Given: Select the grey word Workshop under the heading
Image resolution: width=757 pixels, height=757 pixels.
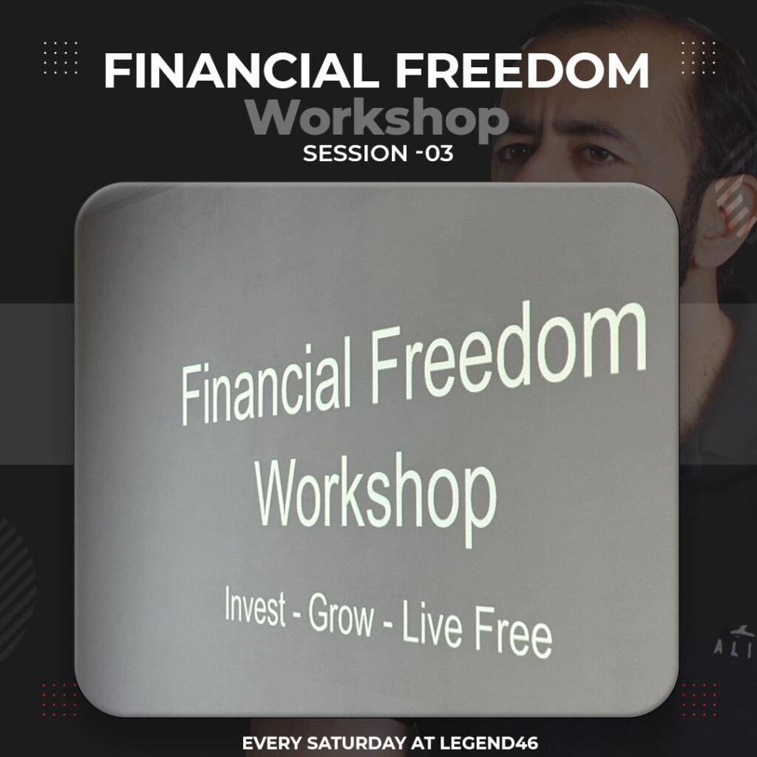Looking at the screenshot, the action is [x=376, y=118].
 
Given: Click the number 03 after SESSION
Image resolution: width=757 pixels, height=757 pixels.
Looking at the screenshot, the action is [x=439, y=154].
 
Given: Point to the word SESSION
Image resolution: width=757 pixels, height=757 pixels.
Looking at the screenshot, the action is [x=356, y=154].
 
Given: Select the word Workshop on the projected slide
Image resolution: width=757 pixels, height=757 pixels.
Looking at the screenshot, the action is [x=376, y=498].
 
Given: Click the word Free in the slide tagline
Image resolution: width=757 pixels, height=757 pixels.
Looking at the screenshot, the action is [x=513, y=634].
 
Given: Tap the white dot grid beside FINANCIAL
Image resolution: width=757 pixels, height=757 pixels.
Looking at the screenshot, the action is [x=61, y=58].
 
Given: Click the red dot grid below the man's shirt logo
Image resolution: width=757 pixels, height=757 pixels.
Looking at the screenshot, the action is [x=699, y=699].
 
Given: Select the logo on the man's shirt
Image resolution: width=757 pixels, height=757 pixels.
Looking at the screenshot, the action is [x=736, y=643].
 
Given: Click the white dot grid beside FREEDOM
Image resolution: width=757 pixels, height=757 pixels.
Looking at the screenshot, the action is [x=699, y=58].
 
